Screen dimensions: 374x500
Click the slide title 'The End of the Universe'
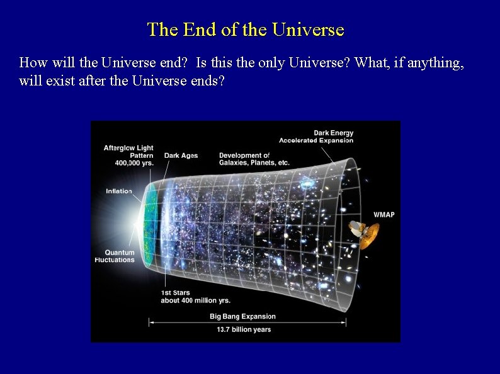pos(246,30)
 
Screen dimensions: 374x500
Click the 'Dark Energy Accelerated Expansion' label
pos(316,136)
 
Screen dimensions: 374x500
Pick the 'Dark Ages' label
pos(181,156)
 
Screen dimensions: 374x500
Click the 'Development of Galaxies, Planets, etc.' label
pos(254,159)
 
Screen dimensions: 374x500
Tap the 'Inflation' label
pos(119,191)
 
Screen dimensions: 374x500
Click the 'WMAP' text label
pos(384,215)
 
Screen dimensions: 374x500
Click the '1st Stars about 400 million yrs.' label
pos(195,297)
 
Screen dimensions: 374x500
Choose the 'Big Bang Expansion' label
pos(242,317)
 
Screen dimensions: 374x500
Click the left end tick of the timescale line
pos(149,322)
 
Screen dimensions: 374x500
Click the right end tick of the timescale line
pos(346,322)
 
